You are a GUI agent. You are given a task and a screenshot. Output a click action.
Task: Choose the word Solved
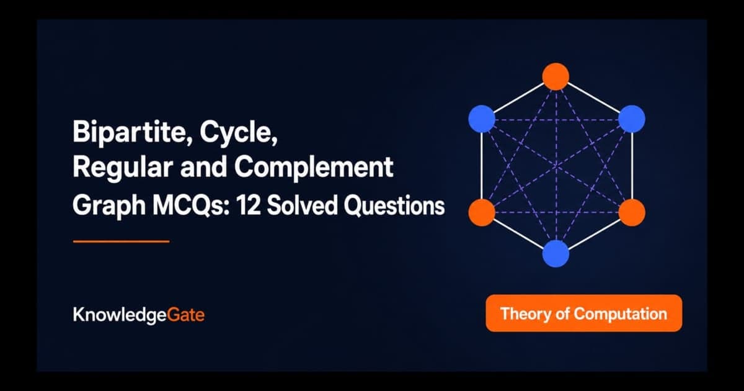[x=302, y=205]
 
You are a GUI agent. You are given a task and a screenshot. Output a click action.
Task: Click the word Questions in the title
[x=394, y=206]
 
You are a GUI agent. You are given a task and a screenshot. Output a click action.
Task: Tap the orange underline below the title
[x=122, y=241]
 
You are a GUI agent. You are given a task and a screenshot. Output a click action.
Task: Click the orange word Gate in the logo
[x=185, y=315]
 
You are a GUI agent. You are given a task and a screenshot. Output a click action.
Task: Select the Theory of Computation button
[x=584, y=313]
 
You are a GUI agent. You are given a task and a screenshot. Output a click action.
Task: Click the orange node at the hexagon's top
[x=556, y=76]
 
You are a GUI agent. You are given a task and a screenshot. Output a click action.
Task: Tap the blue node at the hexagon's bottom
[x=556, y=254]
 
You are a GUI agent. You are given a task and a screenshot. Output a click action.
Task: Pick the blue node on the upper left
[x=482, y=119]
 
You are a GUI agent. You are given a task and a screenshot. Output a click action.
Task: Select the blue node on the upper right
[x=632, y=119]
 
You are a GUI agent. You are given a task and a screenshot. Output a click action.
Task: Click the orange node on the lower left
[x=482, y=212]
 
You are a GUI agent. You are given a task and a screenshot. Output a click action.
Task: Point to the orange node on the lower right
[x=632, y=212]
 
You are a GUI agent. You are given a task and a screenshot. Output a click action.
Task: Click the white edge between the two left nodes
[x=482, y=166]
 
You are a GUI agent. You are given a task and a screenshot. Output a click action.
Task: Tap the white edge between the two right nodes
[x=632, y=166]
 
